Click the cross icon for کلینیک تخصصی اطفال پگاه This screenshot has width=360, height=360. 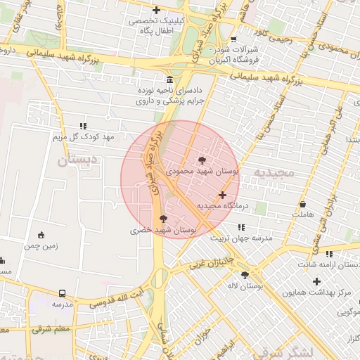point(156,10)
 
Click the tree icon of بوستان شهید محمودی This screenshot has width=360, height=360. point(203,160)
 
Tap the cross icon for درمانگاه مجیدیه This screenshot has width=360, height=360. point(223,195)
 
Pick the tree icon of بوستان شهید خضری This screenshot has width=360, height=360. point(164,219)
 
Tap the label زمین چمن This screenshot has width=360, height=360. point(41,246)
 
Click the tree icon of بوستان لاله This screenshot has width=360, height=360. point(245,276)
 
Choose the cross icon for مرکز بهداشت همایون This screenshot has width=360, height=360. point(317,281)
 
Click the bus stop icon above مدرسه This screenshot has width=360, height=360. point(63,293)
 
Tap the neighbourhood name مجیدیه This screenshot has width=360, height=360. point(272,173)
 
